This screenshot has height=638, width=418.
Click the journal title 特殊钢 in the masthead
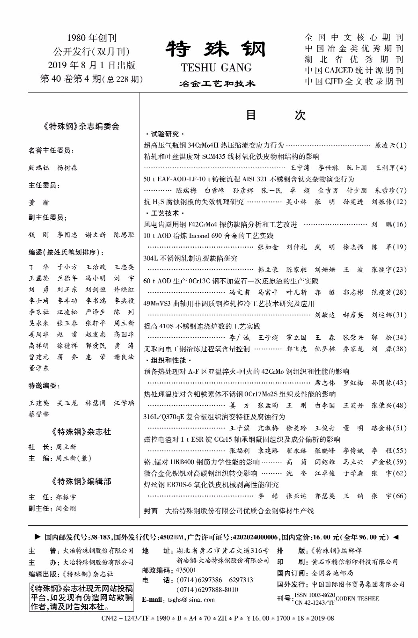pyautogui.click(x=216, y=49)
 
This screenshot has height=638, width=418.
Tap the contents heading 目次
pyautogui.click(x=275, y=115)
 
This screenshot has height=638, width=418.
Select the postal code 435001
pyautogui.click(x=186, y=570)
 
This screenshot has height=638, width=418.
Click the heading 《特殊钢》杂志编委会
pyautogui.click(x=81, y=126)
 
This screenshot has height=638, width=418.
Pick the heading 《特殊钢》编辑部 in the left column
pyautogui.click(x=81, y=481)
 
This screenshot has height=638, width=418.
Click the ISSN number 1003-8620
pyautogui.click(x=315, y=595)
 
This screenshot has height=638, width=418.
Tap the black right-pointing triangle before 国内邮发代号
pyautogui.click(x=38, y=537)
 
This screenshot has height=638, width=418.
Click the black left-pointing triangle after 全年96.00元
pyautogui.click(x=396, y=537)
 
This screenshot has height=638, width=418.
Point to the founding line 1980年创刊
pyautogui.click(x=92, y=38)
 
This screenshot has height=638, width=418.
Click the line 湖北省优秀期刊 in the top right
pyautogui.click(x=354, y=59)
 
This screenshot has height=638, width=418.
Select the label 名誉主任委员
pyautogui.click(x=51, y=150)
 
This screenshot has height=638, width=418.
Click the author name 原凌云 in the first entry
pyautogui.click(x=384, y=145)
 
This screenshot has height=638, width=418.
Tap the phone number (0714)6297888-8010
pyautogui.click(x=207, y=589)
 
